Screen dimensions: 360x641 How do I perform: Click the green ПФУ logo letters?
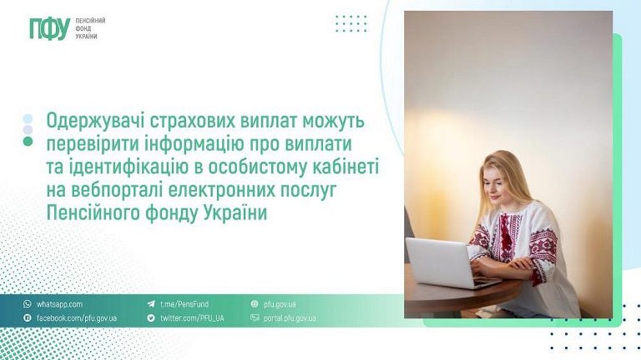(x=49, y=29)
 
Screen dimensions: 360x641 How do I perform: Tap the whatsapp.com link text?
(x=60, y=304)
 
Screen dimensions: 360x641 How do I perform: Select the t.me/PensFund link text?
(x=184, y=304)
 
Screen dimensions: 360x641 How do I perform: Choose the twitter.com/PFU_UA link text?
(x=192, y=318)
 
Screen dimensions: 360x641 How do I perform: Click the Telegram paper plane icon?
(x=151, y=304)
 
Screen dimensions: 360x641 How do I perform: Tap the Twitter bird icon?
(x=151, y=318)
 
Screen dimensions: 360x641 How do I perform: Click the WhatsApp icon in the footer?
(x=27, y=304)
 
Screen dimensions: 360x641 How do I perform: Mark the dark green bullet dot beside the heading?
(x=28, y=142)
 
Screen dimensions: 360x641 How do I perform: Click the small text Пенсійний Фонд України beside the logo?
(x=90, y=29)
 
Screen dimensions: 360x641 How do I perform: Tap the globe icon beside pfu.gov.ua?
(x=254, y=304)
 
